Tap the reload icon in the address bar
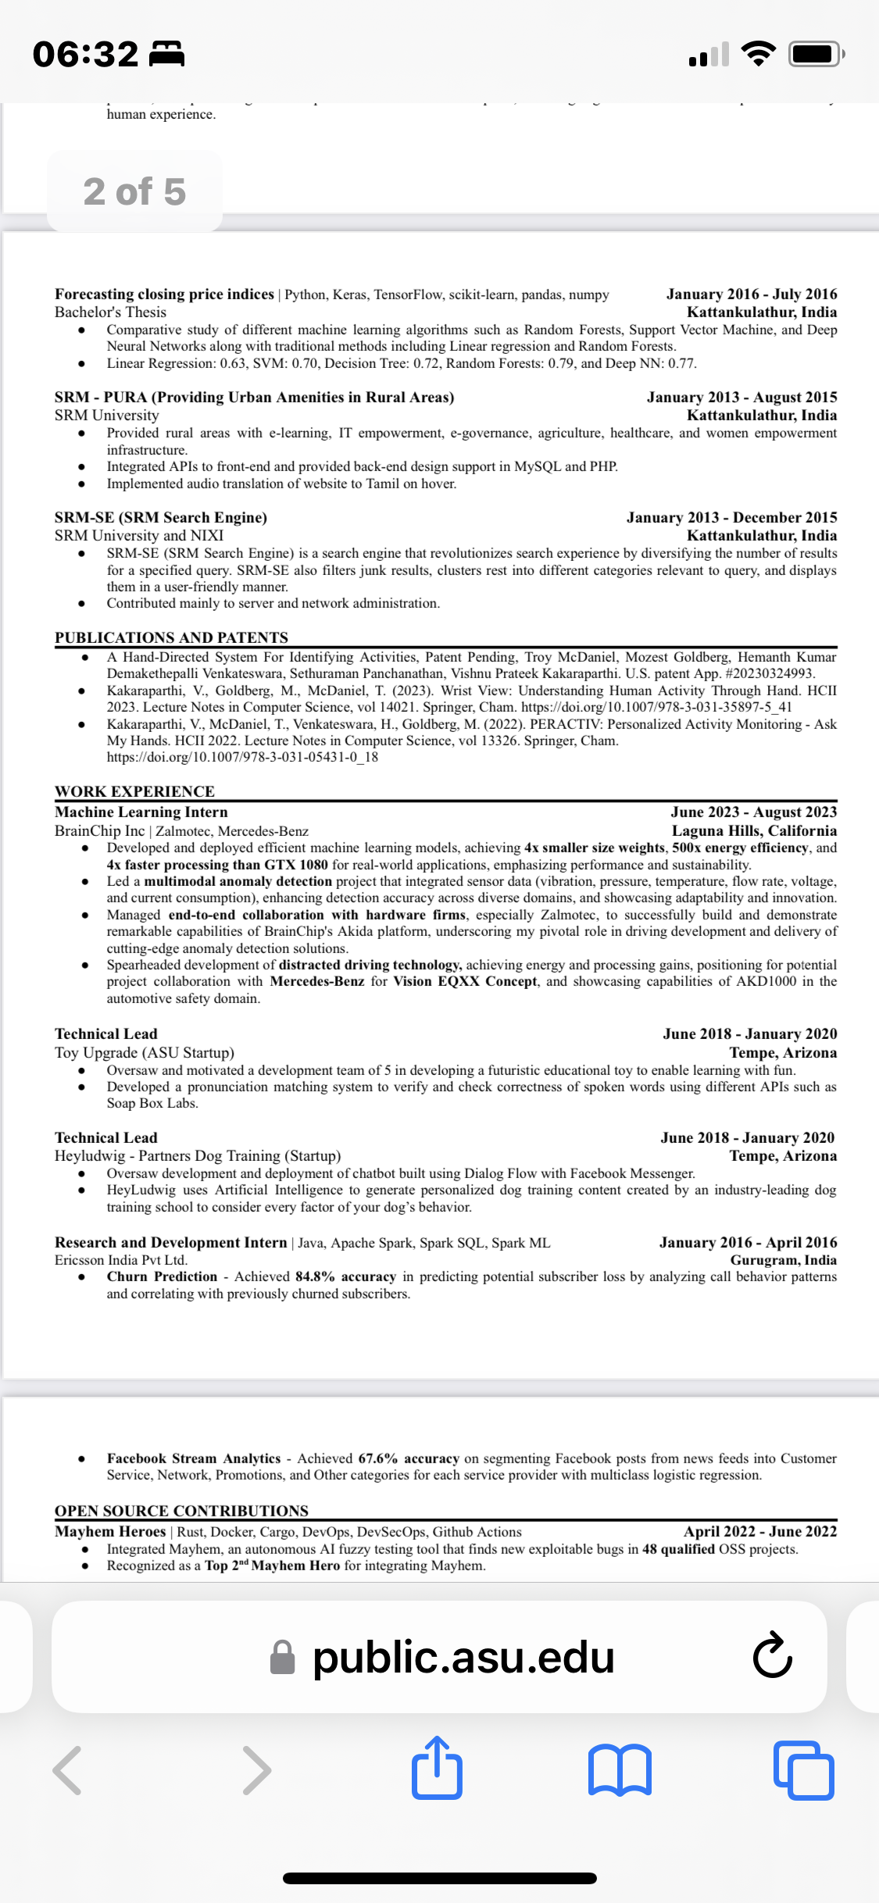click(773, 1655)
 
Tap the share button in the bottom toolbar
click(437, 1768)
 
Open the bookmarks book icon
click(620, 1769)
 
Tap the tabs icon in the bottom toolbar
click(803, 1769)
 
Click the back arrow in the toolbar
click(68, 1769)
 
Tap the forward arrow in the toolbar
click(256, 1769)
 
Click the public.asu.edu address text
click(463, 1657)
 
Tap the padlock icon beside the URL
click(282, 1658)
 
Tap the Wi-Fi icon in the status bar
click(757, 54)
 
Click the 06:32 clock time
click(86, 55)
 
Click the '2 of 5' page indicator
click(134, 191)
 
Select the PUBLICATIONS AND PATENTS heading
click(171, 637)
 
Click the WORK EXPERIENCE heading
click(134, 791)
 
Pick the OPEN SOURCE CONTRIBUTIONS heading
click(181, 1511)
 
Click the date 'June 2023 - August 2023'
click(753, 812)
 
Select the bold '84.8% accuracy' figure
click(345, 1276)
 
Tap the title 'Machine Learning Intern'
click(141, 812)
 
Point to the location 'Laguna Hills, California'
click(754, 830)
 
